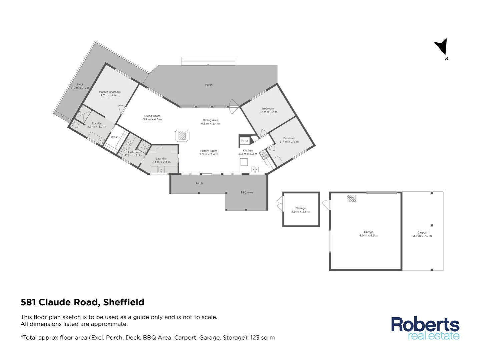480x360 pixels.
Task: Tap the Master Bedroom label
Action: click(x=110, y=92)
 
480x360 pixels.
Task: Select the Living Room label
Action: click(x=152, y=116)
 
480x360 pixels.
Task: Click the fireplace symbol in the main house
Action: click(x=182, y=135)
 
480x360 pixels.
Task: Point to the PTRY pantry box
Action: click(x=245, y=141)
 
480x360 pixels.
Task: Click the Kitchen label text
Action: click(x=248, y=151)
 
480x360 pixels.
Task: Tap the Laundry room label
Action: click(x=161, y=159)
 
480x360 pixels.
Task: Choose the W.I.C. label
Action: click(x=115, y=137)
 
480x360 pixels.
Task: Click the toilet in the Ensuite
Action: click(x=75, y=125)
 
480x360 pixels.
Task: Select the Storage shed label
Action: click(x=301, y=208)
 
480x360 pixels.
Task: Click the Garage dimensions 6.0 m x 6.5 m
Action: click(x=369, y=236)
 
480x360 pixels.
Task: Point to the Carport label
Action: click(x=422, y=233)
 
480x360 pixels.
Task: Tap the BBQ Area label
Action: click(x=247, y=193)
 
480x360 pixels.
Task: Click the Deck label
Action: click(x=80, y=85)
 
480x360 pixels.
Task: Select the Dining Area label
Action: click(x=210, y=120)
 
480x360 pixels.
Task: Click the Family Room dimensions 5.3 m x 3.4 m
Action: click(x=209, y=154)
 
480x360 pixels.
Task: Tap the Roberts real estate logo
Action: click(x=425, y=329)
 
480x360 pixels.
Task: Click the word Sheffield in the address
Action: click(x=124, y=302)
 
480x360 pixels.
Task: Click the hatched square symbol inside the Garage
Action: click(x=351, y=199)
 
